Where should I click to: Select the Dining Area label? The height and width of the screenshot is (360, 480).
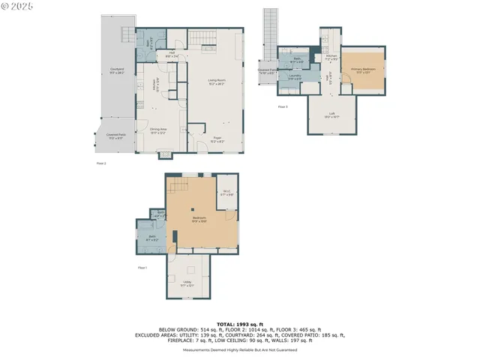[157, 130]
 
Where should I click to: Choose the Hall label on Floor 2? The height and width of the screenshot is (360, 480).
[171, 52]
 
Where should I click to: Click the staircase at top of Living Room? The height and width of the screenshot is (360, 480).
[199, 37]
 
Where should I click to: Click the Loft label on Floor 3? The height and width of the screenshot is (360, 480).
[331, 115]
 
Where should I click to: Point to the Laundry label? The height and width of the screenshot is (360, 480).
[295, 76]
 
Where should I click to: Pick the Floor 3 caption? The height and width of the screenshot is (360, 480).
[283, 107]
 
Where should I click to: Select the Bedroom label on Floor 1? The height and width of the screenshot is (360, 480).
[198, 219]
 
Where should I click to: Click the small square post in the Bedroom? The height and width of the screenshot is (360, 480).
[192, 209]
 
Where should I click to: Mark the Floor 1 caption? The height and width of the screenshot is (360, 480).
[142, 267]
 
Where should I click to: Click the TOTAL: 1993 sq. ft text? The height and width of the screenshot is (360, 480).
[239, 322]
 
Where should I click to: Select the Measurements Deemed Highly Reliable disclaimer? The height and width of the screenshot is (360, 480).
[239, 349]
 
